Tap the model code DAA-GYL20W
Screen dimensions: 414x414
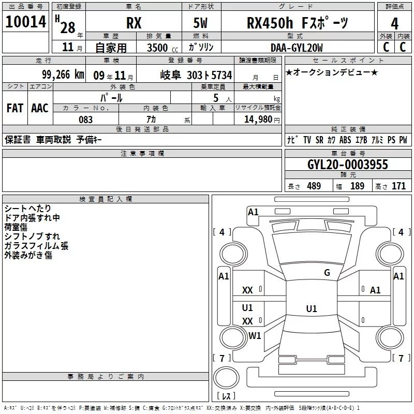click(x=297, y=48)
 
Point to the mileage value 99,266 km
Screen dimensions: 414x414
click(x=64, y=75)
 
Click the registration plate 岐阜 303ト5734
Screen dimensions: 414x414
click(x=196, y=75)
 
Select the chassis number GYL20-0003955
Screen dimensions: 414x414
click(x=347, y=165)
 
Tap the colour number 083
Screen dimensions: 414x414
click(x=86, y=120)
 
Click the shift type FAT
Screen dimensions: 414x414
click(x=14, y=108)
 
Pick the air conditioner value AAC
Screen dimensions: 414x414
click(x=39, y=108)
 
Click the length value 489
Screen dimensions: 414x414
click(x=314, y=186)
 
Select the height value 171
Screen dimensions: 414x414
click(x=398, y=186)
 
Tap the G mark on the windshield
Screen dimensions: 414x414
click(x=327, y=273)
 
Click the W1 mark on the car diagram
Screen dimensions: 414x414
click(x=255, y=336)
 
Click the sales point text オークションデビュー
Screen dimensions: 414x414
click(x=331, y=72)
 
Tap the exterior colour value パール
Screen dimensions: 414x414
click(x=111, y=97)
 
